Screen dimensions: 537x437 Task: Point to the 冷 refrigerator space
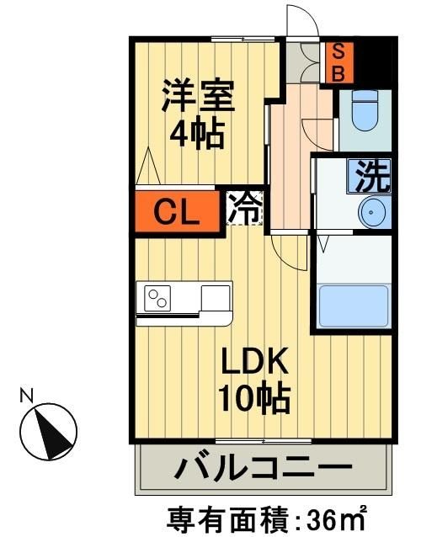(245, 209)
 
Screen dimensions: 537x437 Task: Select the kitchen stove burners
(159, 298)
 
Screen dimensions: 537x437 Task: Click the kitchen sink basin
(216, 297)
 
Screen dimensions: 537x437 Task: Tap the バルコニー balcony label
(262, 469)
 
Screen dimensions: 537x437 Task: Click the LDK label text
(255, 363)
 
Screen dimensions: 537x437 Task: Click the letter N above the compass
(27, 394)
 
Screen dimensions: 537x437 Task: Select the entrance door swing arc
(301, 19)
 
